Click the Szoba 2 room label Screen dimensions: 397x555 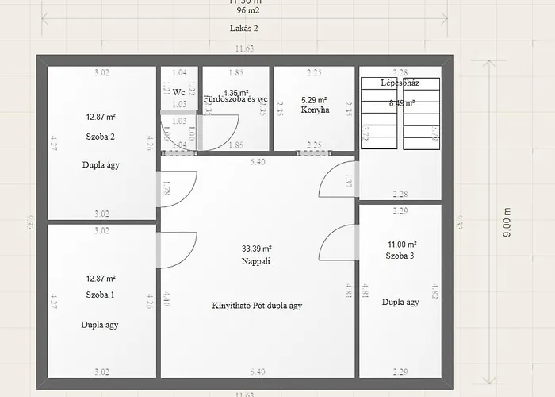(x=101, y=137)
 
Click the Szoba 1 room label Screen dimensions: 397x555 (x=101, y=295)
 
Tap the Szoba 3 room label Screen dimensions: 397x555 (x=400, y=256)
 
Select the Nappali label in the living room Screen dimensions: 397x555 (x=256, y=261)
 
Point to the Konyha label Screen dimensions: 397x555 (x=315, y=110)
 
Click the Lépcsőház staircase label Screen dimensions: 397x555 (x=400, y=83)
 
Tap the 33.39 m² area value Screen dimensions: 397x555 (x=257, y=248)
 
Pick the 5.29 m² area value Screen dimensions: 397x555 (x=314, y=100)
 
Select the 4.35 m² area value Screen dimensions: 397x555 (x=235, y=92)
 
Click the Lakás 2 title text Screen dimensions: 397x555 (x=243, y=28)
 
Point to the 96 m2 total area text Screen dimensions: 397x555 (x=247, y=11)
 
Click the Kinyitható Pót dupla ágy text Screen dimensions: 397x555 (x=257, y=306)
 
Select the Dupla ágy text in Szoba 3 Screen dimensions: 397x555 (x=400, y=302)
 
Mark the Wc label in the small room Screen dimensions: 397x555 (x=178, y=92)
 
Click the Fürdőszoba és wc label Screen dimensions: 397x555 (x=235, y=100)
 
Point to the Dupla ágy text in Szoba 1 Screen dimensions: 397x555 (x=101, y=325)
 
